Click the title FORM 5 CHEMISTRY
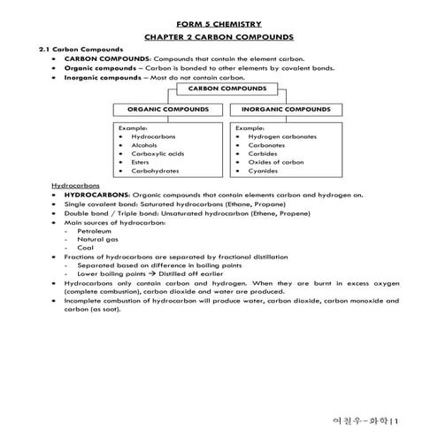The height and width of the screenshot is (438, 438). pyautogui.click(x=219, y=24)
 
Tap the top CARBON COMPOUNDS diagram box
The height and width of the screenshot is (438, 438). pyautogui.click(x=219, y=88)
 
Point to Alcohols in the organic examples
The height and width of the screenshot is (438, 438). pyautogui.click(x=144, y=145)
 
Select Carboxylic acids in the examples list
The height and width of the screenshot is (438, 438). pyautogui.click(x=157, y=153)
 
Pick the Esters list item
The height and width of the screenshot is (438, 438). pyautogui.click(x=142, y=162)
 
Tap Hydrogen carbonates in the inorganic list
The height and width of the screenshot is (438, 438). pyautogui.click(x=281, y=137)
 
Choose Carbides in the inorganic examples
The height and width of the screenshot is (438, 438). pyautogui.click(x=263, y=153)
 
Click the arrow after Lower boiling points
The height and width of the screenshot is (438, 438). pyautogui.click(x=149, y=273)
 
